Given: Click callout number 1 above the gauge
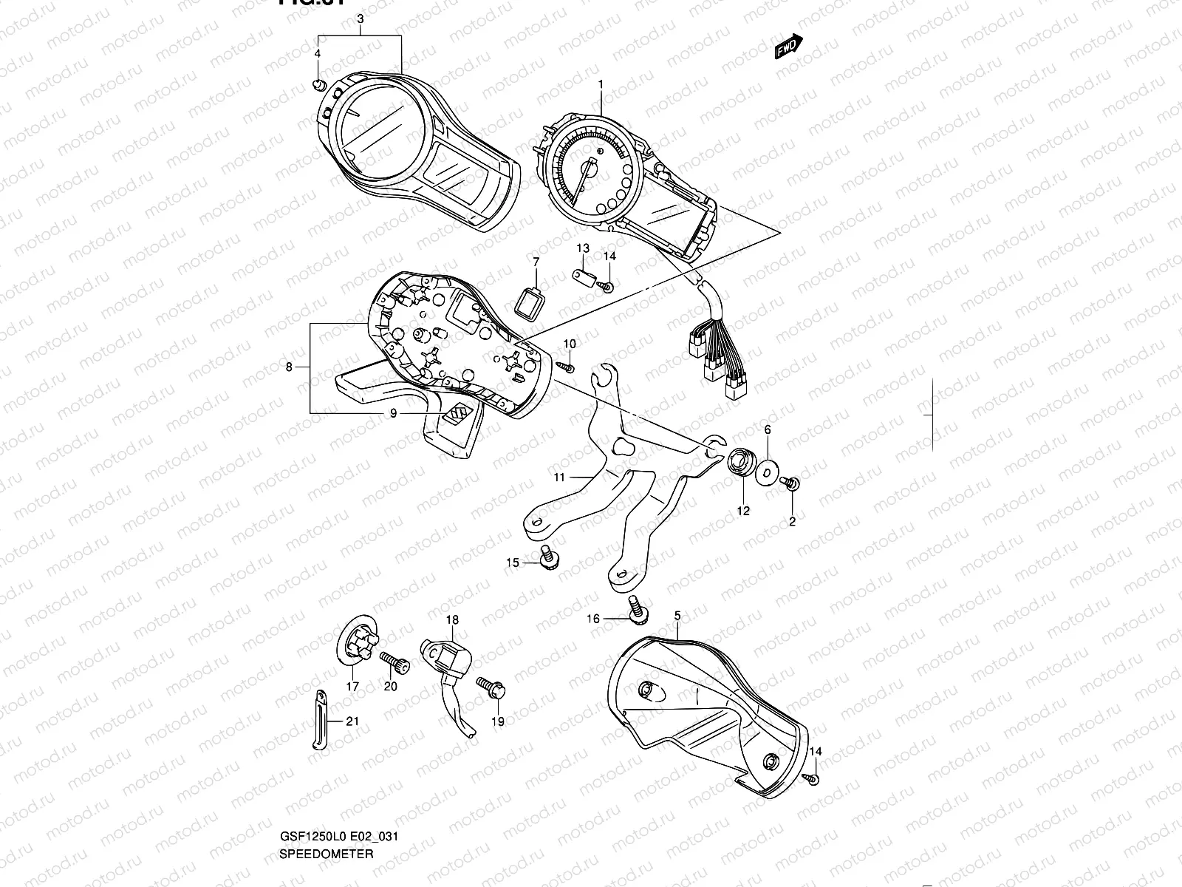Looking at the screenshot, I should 601,84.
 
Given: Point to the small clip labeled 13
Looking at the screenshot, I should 584,276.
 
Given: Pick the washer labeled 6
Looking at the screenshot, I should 767,470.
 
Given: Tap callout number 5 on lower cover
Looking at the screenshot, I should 677,615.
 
